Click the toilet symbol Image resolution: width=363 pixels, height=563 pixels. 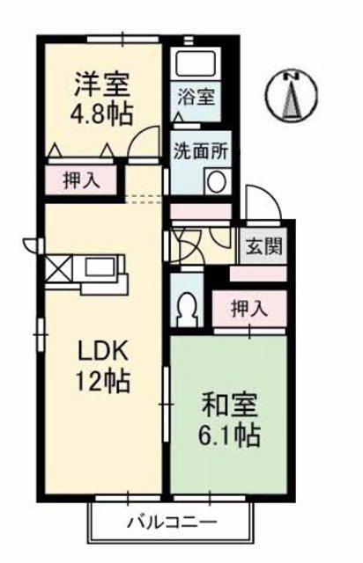pyautogui.click(x=187, y=307)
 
